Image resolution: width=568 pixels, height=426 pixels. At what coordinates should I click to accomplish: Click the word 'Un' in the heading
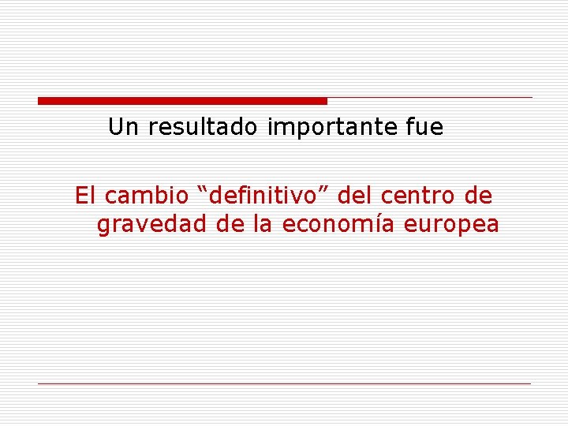tap(121, 127)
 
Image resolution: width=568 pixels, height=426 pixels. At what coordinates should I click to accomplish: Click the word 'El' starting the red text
tap(84, 195)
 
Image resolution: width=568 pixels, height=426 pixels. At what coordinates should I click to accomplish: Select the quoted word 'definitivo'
tap(262, 195)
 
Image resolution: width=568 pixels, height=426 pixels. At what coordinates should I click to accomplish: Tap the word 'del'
tap(352, 195)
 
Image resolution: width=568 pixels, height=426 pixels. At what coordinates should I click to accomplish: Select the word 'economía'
tap(339, 225)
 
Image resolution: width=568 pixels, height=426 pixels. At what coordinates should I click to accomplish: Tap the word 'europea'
tap(451, 226)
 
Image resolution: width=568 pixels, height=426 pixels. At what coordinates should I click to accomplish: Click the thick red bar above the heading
tap(182, 101)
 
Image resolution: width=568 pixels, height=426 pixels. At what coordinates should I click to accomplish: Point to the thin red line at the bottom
tap(284, 383)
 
